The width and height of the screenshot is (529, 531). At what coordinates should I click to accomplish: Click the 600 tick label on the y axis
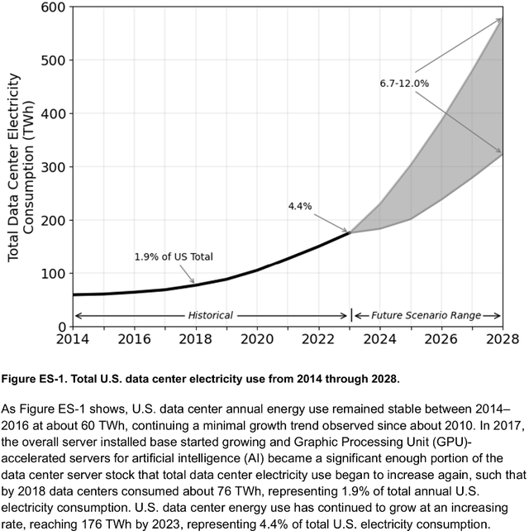(52, 7)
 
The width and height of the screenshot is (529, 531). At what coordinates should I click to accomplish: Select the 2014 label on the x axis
(74, 339)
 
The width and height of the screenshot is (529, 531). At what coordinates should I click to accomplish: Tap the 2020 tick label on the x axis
(257, 339)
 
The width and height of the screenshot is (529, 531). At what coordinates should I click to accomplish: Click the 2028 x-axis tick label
(502, 339)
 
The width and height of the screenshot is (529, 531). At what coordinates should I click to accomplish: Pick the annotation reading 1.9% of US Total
(174, 256)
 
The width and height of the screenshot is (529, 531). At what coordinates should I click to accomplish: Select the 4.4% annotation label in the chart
(299, 206)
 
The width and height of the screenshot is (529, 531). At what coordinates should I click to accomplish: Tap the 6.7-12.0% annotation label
(405, 84)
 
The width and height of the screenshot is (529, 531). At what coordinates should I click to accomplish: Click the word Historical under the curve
(210, 315)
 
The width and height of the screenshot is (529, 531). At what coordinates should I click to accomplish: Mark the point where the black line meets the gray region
(350, 232)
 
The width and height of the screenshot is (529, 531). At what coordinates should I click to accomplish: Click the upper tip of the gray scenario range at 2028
(502, 18)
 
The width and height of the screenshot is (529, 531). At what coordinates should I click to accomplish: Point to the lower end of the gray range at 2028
(502, 154)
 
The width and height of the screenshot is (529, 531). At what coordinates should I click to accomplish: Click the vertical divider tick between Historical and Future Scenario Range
(352, 315)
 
